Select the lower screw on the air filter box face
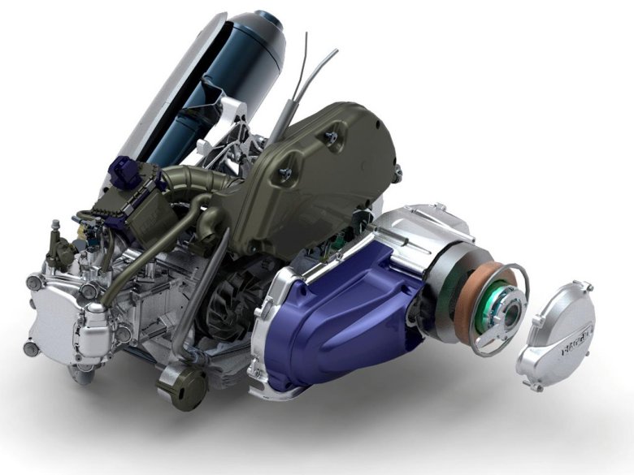[286, 172]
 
